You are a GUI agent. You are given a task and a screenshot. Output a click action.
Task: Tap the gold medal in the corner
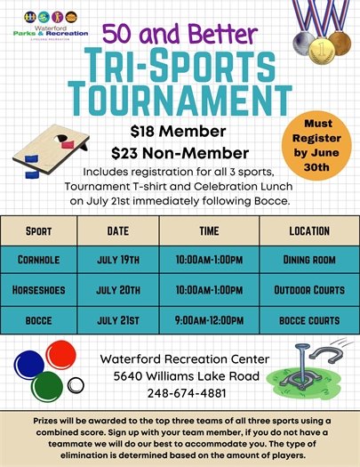(339, 43)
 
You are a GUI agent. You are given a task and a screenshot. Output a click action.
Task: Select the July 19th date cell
(118, 260)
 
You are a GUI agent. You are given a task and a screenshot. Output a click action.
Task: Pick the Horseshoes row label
(39, 289)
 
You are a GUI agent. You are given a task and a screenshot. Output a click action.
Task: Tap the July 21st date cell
(118, 318)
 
